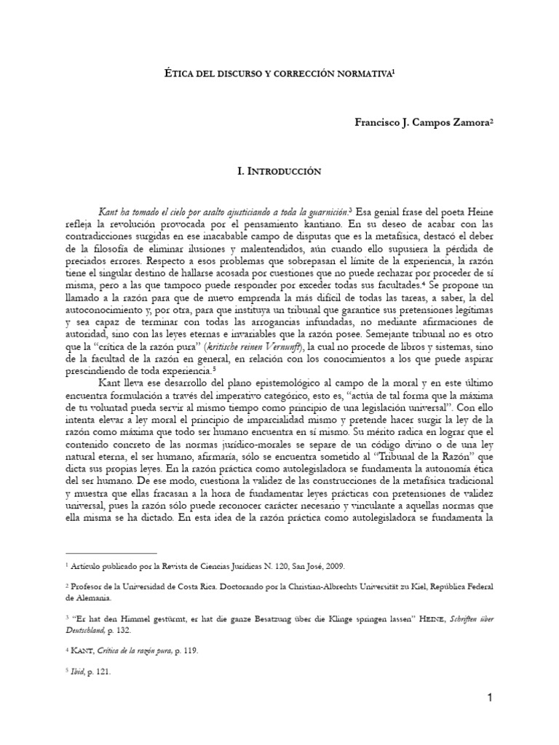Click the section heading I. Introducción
(x=279, y=172)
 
